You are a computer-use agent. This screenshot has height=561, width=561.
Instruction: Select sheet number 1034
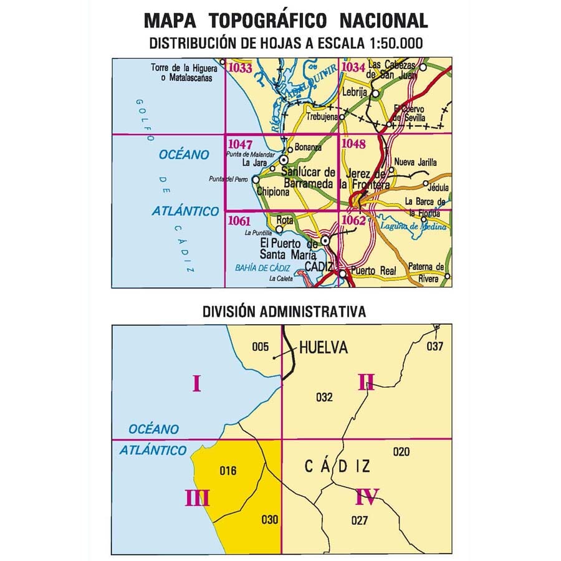[x=353, y=67]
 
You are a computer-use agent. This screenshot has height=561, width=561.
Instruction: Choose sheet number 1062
[x=353, y=219]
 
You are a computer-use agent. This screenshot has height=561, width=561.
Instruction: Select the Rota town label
[x=284, y=219]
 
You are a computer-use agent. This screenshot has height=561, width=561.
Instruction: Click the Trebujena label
[x=321, y=117]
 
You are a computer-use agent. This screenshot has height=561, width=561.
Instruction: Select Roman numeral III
[x=197, y=498]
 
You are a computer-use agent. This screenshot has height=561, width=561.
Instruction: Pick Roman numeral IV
[x=367, y=497]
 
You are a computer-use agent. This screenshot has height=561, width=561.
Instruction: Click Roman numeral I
[x=196, y=384]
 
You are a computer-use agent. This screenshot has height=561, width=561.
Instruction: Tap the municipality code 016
[x=228, y=471]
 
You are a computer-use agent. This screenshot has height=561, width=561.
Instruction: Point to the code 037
[x=434, y=347]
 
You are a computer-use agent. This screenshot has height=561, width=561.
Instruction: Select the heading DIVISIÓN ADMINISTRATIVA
[x=284, y=311]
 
